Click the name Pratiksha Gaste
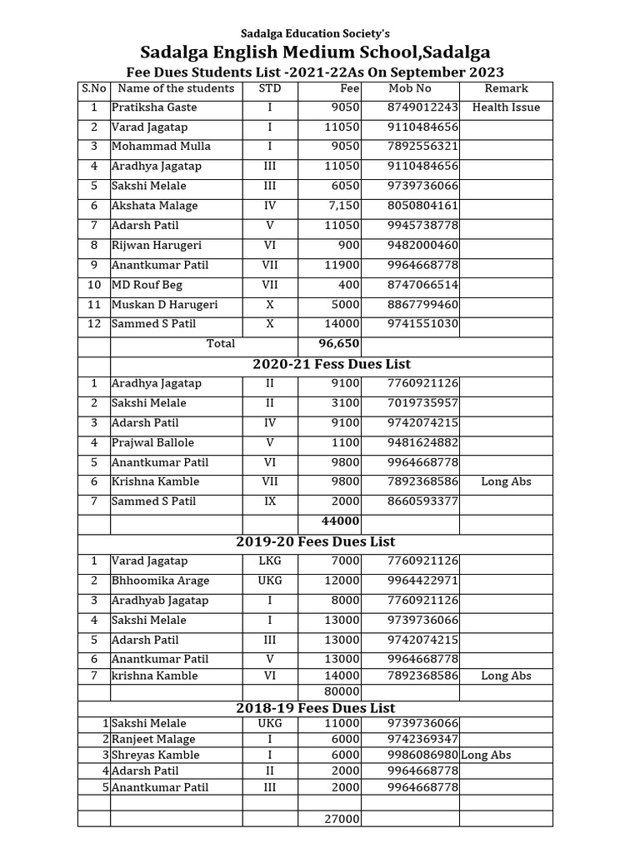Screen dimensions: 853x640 (154, 107)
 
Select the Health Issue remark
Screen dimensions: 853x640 (506, 107)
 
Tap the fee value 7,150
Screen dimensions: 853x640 (342, 206)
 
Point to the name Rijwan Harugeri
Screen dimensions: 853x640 (157, 246)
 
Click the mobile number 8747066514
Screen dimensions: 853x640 (422, 285)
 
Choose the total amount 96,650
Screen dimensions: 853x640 (338, 343)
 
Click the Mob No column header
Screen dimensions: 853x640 (410, 88)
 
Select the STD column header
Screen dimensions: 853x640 (270, 88)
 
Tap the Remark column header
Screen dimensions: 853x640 (506, 88)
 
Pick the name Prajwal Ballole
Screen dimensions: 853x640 (152, 442)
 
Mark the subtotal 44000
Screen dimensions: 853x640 (342, 521)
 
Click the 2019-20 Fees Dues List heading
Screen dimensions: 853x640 (315, 541)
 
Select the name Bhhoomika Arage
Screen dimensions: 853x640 (160, 581)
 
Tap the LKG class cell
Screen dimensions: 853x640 (270, 561)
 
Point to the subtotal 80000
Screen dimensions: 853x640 (342, 691)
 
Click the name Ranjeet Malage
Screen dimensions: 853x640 (153, 739)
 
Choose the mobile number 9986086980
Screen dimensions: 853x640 (422, 755)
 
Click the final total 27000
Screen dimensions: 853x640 (342, 819)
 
